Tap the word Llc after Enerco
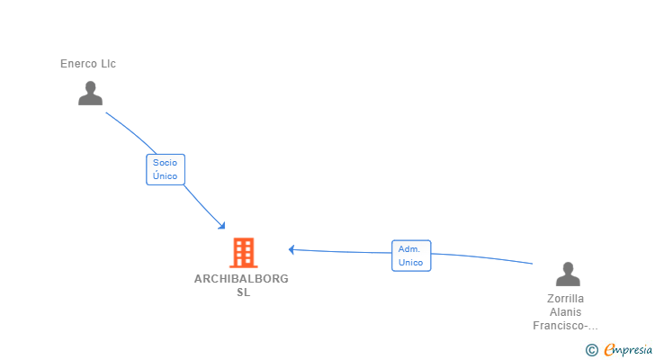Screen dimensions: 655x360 coord(108,64)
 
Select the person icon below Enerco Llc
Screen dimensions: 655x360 coord(90,94)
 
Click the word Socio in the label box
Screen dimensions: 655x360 coord(165,162)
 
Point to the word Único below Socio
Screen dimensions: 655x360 coord(165,176)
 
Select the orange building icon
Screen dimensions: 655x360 coord(243,253)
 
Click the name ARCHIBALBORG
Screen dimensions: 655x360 coord(241,279)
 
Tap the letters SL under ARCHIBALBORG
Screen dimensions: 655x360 coord(243,292)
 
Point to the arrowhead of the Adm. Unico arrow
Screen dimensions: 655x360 coord(292,249)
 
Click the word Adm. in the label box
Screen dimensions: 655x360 coord(410,248)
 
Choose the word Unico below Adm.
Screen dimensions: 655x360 coord(410,263)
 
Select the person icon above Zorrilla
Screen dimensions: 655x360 coord(567,274)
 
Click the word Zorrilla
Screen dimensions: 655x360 coord(566,299)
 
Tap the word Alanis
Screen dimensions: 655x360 coord(566,312)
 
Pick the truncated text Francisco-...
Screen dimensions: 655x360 coord(563,326)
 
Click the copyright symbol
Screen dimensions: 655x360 coord(591,350)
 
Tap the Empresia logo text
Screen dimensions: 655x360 coord(626,349)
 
